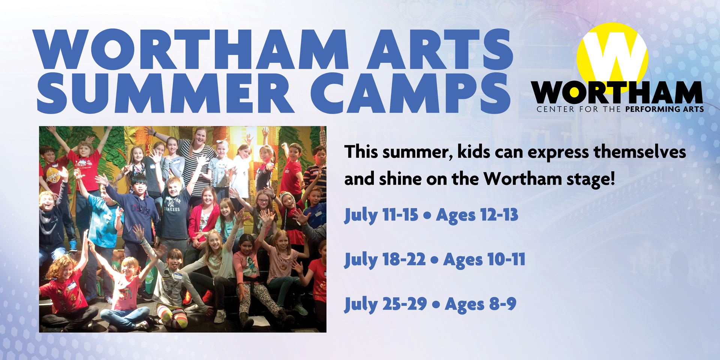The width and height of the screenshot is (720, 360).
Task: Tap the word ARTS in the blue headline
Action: pyautogui.click(x=439, y=49)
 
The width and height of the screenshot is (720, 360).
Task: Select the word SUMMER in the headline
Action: pyautogui.click(x=165, y=93)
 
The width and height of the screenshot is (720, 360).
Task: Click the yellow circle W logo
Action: pyautogui.click(x=612, y=56)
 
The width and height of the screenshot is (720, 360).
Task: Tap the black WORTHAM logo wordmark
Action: pyautogui.click(x=617, y=92)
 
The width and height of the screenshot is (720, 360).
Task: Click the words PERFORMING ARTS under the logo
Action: pyautogui.click(x=664, y=109)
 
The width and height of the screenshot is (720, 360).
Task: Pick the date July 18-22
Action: pyautogui.click(x=385, y=260)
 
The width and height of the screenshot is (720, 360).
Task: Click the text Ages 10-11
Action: pyautogui.click(x=484, y=260)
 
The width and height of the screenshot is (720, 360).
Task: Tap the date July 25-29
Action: pyautogui.click(x=386, y=304)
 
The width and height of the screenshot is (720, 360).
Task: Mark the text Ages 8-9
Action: pyautogui.click(x=480, y=304)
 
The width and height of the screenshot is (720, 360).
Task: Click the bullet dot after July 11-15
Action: pyautogui.click(x=427, y=216)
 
